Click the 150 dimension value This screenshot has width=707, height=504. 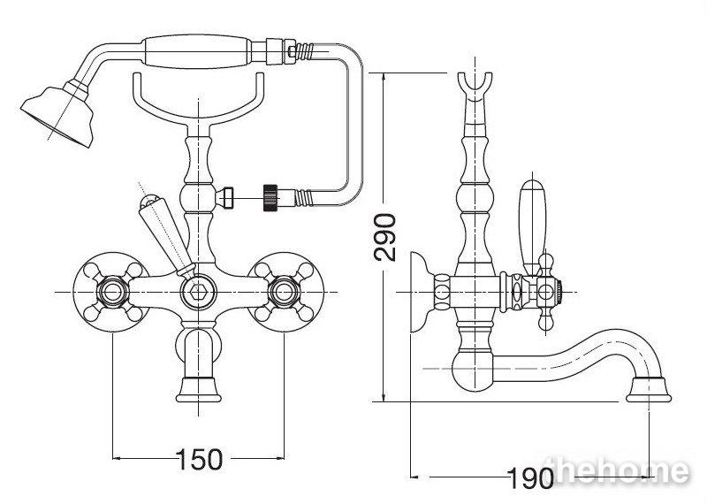click(x=200, y=459)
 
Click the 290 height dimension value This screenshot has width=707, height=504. click(x=385, y=237)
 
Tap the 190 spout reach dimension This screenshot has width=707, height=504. click(x=530, y=478)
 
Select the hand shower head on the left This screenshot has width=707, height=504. click(x=57, y=116)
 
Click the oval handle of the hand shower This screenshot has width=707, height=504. click(x=196, y=52)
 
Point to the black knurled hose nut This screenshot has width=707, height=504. click(x=270, y=198)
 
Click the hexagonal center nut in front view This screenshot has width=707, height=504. click(x=198, y=293)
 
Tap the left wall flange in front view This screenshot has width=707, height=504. click(x=111, y=293)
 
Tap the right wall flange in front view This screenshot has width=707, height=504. click(x=285, y=293)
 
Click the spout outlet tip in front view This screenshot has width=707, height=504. click(x=198, y=390)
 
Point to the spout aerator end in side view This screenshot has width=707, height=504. click(x=649, y=390)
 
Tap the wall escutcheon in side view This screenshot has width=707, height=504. click(x=422, y=293)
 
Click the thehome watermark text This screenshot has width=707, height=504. click(x=619, y=471)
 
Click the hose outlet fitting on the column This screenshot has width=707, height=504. click(x=225, y=197)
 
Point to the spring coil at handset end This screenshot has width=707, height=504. click(x=305, y=51)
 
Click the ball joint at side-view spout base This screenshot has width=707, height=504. click(x=473, y=370)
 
